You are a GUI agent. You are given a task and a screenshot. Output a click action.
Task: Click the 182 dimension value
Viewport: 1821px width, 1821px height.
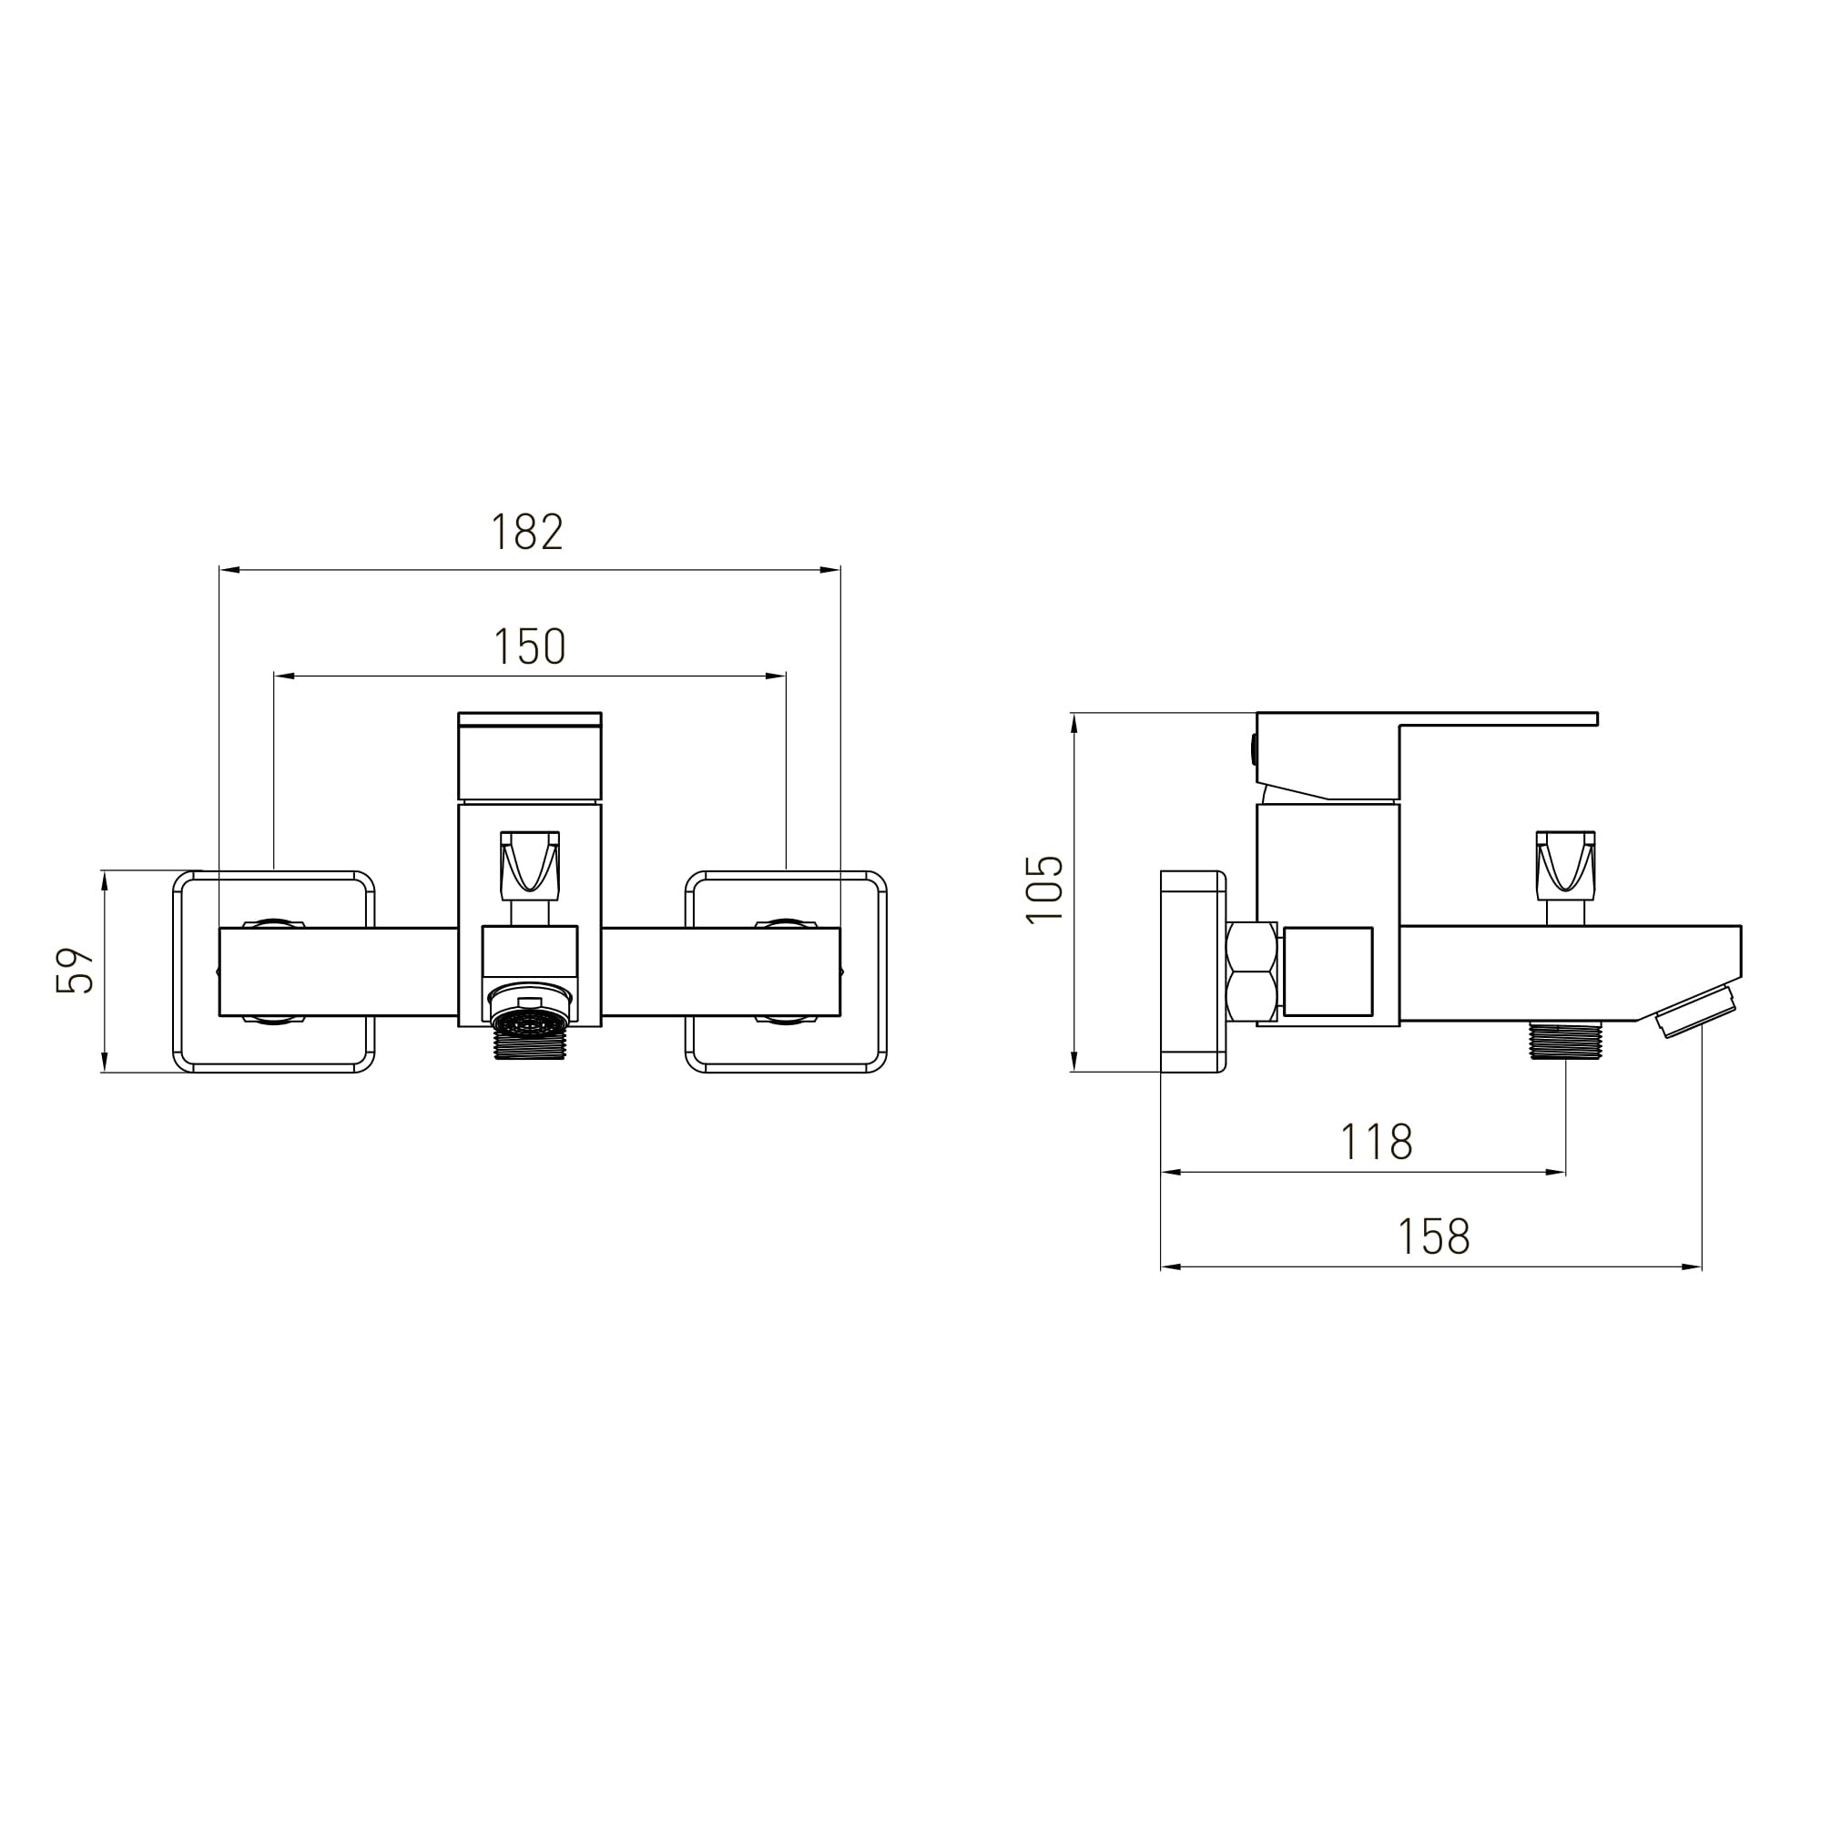[527, 533]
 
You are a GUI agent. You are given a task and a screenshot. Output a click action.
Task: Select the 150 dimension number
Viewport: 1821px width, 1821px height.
[530, 646]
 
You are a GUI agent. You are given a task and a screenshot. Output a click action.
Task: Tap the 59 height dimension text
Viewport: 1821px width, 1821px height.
[76, 970]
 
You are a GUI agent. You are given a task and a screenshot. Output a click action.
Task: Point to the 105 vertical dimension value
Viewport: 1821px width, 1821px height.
[1044, 889]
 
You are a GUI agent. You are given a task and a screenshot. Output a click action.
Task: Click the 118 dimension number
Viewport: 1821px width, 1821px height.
[1377, 1143]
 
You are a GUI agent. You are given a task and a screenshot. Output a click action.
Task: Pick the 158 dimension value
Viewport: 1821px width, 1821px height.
[1434, 1236]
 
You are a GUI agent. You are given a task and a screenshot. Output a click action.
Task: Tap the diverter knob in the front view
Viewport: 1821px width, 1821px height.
[530, 862]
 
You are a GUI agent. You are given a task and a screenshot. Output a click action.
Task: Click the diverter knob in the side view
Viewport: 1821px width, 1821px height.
[1565, 862]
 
